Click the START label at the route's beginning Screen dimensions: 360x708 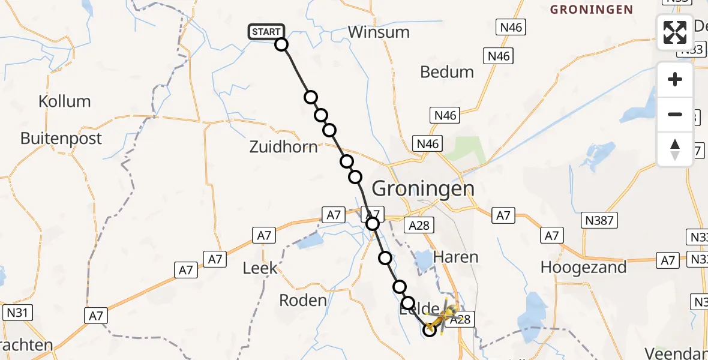coord(266,32)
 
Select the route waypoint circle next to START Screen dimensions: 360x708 coord(281,44)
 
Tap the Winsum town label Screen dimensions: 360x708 coord(379,32)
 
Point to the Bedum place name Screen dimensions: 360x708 coord(447,72)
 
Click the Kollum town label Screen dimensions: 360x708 coord(65,101)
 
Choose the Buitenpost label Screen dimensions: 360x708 coord(61,139)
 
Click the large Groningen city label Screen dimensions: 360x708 coord(423,188)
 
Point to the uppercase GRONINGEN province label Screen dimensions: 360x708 coord(592,10)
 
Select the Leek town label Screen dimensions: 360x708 coord(260,268)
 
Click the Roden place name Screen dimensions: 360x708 coord(304,300)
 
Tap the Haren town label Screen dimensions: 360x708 coord(456,257)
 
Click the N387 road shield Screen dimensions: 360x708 coord(599,221)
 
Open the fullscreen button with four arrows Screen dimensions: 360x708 coord(675,32)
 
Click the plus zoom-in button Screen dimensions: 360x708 coord(675,79)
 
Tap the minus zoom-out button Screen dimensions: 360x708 coord(675,114)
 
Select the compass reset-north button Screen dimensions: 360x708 coord(675,149)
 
